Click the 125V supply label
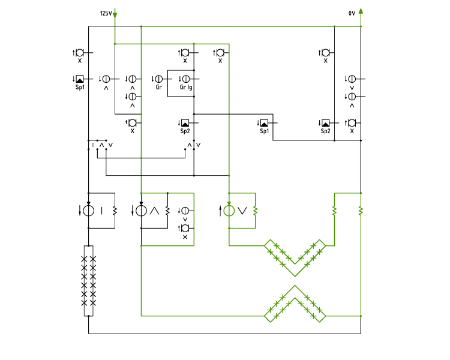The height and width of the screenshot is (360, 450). click(106, 13)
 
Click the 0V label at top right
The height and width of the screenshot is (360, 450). click(352, 13)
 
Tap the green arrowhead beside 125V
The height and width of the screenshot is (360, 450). click(115, 15)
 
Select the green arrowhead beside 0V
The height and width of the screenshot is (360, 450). click(361, 11)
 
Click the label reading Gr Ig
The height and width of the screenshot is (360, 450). click(186, 87)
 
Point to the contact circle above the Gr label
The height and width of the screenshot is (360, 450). click(159, 79)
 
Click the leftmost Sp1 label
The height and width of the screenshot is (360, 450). click(80, 87)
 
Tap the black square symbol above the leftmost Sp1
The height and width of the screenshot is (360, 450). click(80, 79)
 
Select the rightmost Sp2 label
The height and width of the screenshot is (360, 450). click(325, 131)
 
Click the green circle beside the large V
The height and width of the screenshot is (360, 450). click(229, 211)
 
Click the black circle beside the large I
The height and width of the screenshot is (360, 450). click(88, 211)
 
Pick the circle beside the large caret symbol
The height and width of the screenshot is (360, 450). click(141, 211)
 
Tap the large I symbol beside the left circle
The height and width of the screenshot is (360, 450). click(101, 211)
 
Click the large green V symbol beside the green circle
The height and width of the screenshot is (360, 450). click(242, 211)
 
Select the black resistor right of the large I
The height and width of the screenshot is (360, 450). click(115, 211)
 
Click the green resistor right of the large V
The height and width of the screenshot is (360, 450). click(255, 211)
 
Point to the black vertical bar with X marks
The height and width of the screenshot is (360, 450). click(88, 281)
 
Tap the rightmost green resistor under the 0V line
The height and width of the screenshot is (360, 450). click(361, 211)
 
